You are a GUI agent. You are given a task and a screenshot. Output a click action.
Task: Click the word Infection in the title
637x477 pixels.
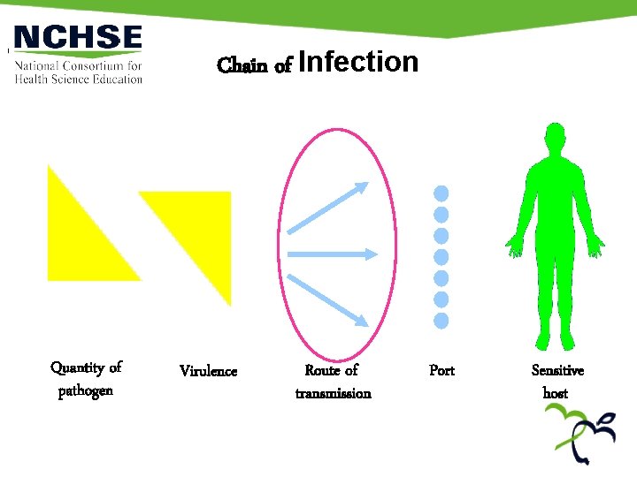[x=358, y=62]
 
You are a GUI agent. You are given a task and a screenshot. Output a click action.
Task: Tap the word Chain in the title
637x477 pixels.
[x=242, y=66]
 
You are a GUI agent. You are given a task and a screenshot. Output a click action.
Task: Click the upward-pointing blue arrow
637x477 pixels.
[x=329, y=206]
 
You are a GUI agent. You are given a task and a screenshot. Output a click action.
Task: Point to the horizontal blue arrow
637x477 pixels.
[x=329, y=254]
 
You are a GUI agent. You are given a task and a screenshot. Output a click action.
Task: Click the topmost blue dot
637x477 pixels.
[x=441, y=193]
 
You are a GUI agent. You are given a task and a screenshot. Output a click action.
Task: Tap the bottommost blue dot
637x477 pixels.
[x=441, y=320]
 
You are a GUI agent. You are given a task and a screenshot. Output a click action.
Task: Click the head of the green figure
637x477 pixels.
[x=555, y=144]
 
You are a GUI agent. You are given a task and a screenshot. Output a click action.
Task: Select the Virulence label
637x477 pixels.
[x=209, y=371]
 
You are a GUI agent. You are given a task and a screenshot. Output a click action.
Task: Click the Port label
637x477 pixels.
[x=441, y=371]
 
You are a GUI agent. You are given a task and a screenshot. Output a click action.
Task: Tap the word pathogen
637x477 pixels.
[x=86, y=390]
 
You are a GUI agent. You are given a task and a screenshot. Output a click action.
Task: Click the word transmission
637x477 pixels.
[x=333, y=393]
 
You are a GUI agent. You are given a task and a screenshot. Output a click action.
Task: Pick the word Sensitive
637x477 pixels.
[x=557, y=371]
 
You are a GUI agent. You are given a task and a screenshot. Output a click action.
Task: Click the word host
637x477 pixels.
[x=556, y=393]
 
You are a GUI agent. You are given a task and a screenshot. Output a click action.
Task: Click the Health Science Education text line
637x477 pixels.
[x=79, y=79]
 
